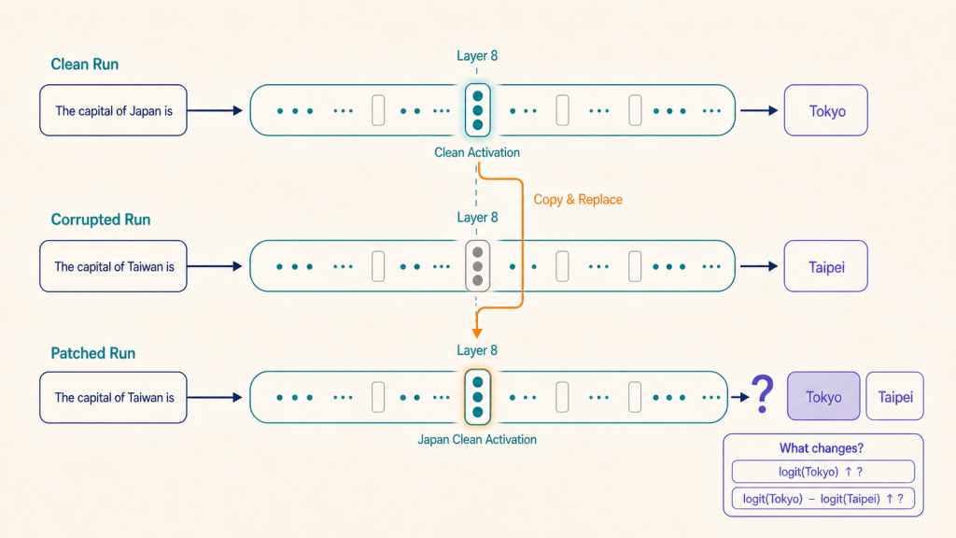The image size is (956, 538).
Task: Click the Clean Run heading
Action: (85, 64)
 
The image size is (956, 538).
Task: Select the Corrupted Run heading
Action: (101, 219)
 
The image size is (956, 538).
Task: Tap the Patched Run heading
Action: (93, 353)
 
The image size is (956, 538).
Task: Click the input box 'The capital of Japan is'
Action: (113, 110)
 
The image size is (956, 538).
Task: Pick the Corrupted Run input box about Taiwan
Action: (113, 266)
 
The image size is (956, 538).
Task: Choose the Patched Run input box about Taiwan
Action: (113, 397)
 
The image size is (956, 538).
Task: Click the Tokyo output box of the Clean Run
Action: (826, 110)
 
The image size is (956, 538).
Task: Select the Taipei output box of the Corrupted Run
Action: (826, 266)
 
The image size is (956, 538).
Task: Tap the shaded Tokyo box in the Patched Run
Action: (823, 396)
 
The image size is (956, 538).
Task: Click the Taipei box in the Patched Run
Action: (895, 396)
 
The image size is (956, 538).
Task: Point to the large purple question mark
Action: (762, 394)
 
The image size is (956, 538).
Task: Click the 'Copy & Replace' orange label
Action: (578, 200)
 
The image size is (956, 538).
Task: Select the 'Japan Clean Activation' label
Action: (477, 439)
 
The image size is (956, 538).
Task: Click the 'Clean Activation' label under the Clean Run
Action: (477, 152)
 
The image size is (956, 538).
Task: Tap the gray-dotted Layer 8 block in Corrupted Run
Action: (477, 266)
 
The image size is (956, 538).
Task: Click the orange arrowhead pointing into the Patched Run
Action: (477, 333)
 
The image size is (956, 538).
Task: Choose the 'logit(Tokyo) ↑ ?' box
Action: (823, 472)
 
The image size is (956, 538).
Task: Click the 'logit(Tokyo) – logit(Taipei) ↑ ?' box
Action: (823, 499)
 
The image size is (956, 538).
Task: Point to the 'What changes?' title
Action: (822, 448)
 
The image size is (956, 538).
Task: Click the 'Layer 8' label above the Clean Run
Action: (477, 56)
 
